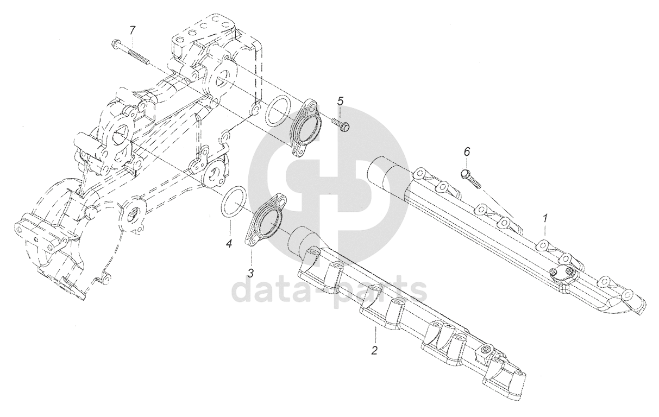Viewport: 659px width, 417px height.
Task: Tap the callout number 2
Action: (x=374, y=350)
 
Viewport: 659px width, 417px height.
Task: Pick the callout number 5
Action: (x=341, y=100)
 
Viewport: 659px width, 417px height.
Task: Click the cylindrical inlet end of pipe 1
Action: (x=382, y=173)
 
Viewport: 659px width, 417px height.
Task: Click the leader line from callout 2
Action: (x=375, y=334)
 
